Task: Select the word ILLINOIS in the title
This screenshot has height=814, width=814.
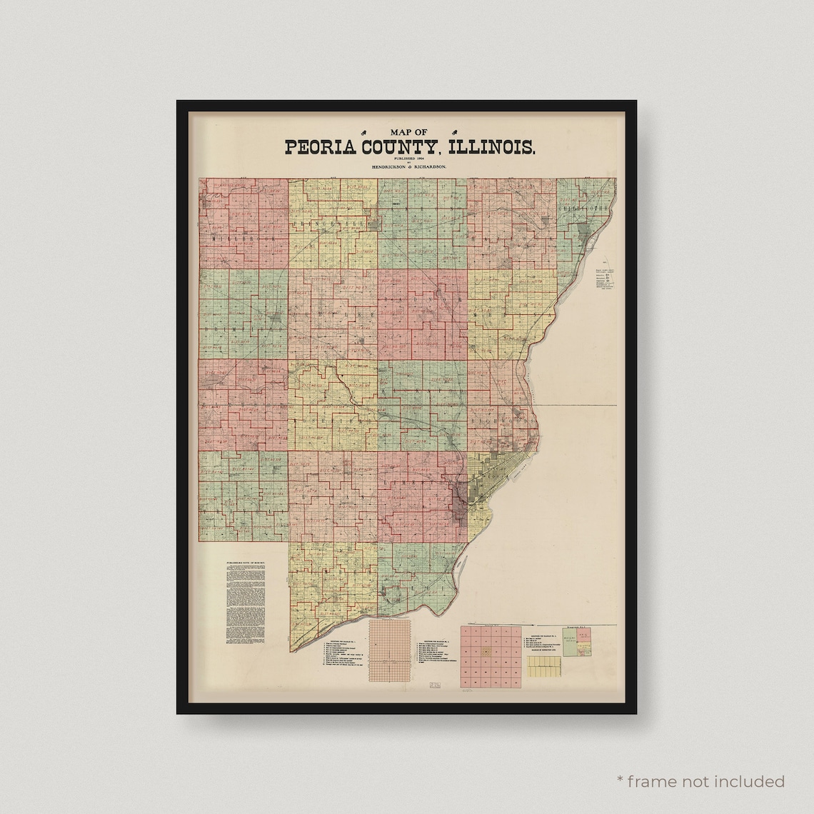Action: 498,147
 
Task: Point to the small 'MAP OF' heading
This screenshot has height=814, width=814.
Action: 408,131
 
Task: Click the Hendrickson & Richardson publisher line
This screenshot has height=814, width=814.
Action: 407,166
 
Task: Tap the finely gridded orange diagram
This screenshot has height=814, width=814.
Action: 391,649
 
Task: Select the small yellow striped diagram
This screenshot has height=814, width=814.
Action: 546,668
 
